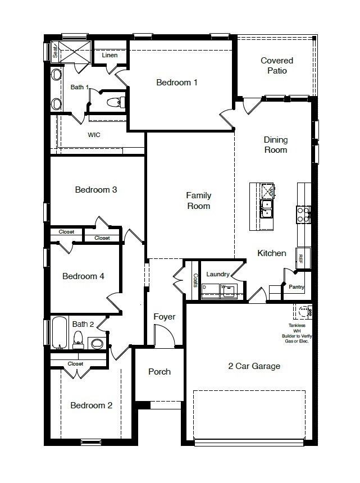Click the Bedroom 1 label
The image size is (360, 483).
[x=176, y=83]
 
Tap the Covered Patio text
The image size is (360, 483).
[x=276, y=66]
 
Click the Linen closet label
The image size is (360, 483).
[x=110, y=56]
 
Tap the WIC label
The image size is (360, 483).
[x=94, y=135]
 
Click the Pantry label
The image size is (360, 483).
[x=296, y=287]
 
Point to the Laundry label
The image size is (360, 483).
[x=217, y=274]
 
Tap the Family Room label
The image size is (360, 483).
[x=199, y=201]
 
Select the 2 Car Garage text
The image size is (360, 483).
[x=254, y=366]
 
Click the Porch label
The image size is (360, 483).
[x=160, y=371]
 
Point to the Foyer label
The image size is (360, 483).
[x=165, y=317]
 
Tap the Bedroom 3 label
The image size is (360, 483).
[x=96, y=189]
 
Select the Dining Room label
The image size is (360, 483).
[x=276, y=145]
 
